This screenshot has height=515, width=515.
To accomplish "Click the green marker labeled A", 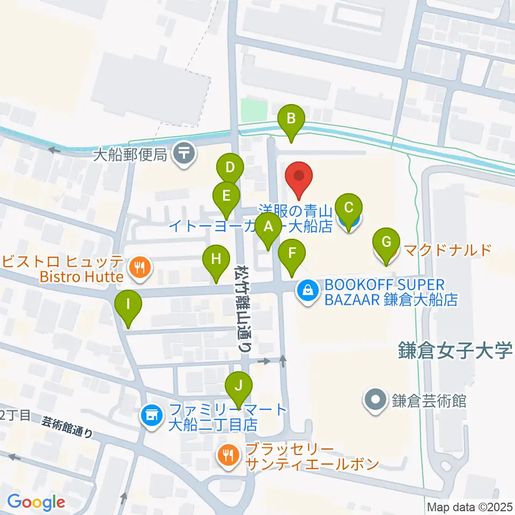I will tap(268, 229).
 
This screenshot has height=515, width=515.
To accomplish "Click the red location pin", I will tap(300, 177).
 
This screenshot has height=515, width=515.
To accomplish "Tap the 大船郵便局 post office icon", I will tap(184, 155).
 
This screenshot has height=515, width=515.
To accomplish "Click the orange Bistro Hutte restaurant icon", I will tap(140, 266).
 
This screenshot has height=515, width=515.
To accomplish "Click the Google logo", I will tap(36, 502).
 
